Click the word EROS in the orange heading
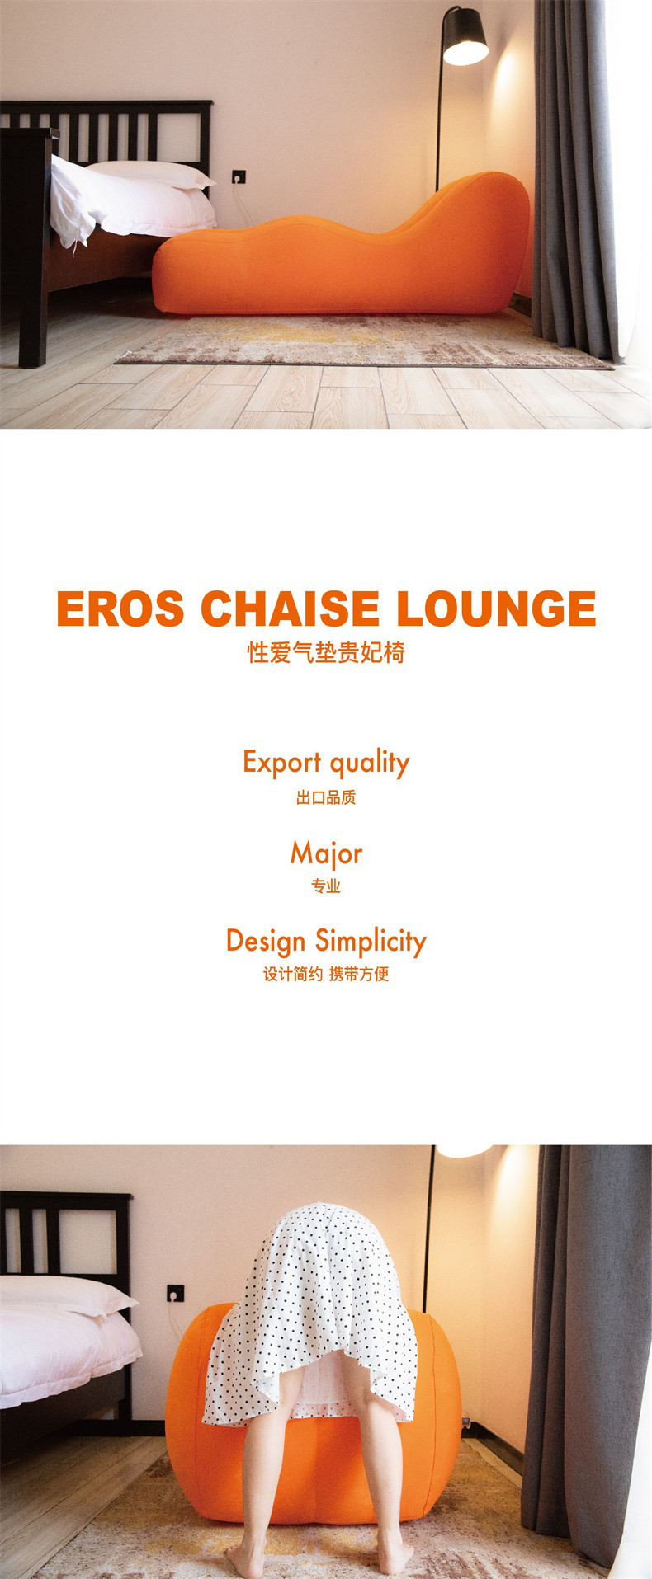(120, 609)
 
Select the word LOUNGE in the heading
(496, 609)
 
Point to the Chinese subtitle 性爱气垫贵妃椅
(326, 653)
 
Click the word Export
(281, 763)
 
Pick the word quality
(370, 764)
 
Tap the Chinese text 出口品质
(326, 797)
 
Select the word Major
(326, 854)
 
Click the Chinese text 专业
(326, 886)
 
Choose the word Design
(266, 942)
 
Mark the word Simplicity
(371, 942)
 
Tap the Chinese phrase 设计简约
(292, 974)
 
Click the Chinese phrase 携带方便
(359, 974)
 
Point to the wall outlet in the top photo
(239, 176)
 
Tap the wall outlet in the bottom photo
(175, 1292)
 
